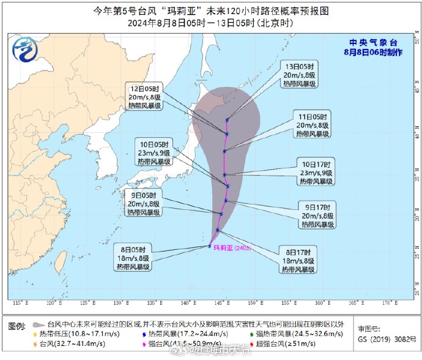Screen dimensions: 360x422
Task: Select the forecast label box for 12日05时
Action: [x=144, y=96]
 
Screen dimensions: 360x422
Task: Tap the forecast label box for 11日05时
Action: [x=313, y=125]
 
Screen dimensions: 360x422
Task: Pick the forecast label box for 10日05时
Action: [x=155, y=155]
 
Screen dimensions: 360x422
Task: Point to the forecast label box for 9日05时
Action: [x=144, y=204]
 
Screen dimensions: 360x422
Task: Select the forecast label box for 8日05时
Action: [x=136, y=258]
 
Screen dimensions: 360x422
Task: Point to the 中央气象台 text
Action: [x=365, y=42]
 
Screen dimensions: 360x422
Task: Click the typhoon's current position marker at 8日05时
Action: [x=210, y=246]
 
